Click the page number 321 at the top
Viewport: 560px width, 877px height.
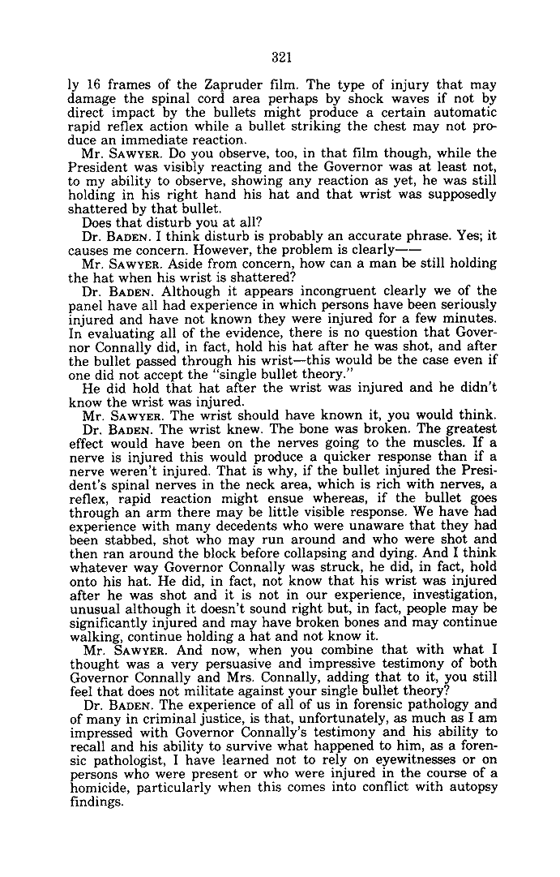coord(281,57)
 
